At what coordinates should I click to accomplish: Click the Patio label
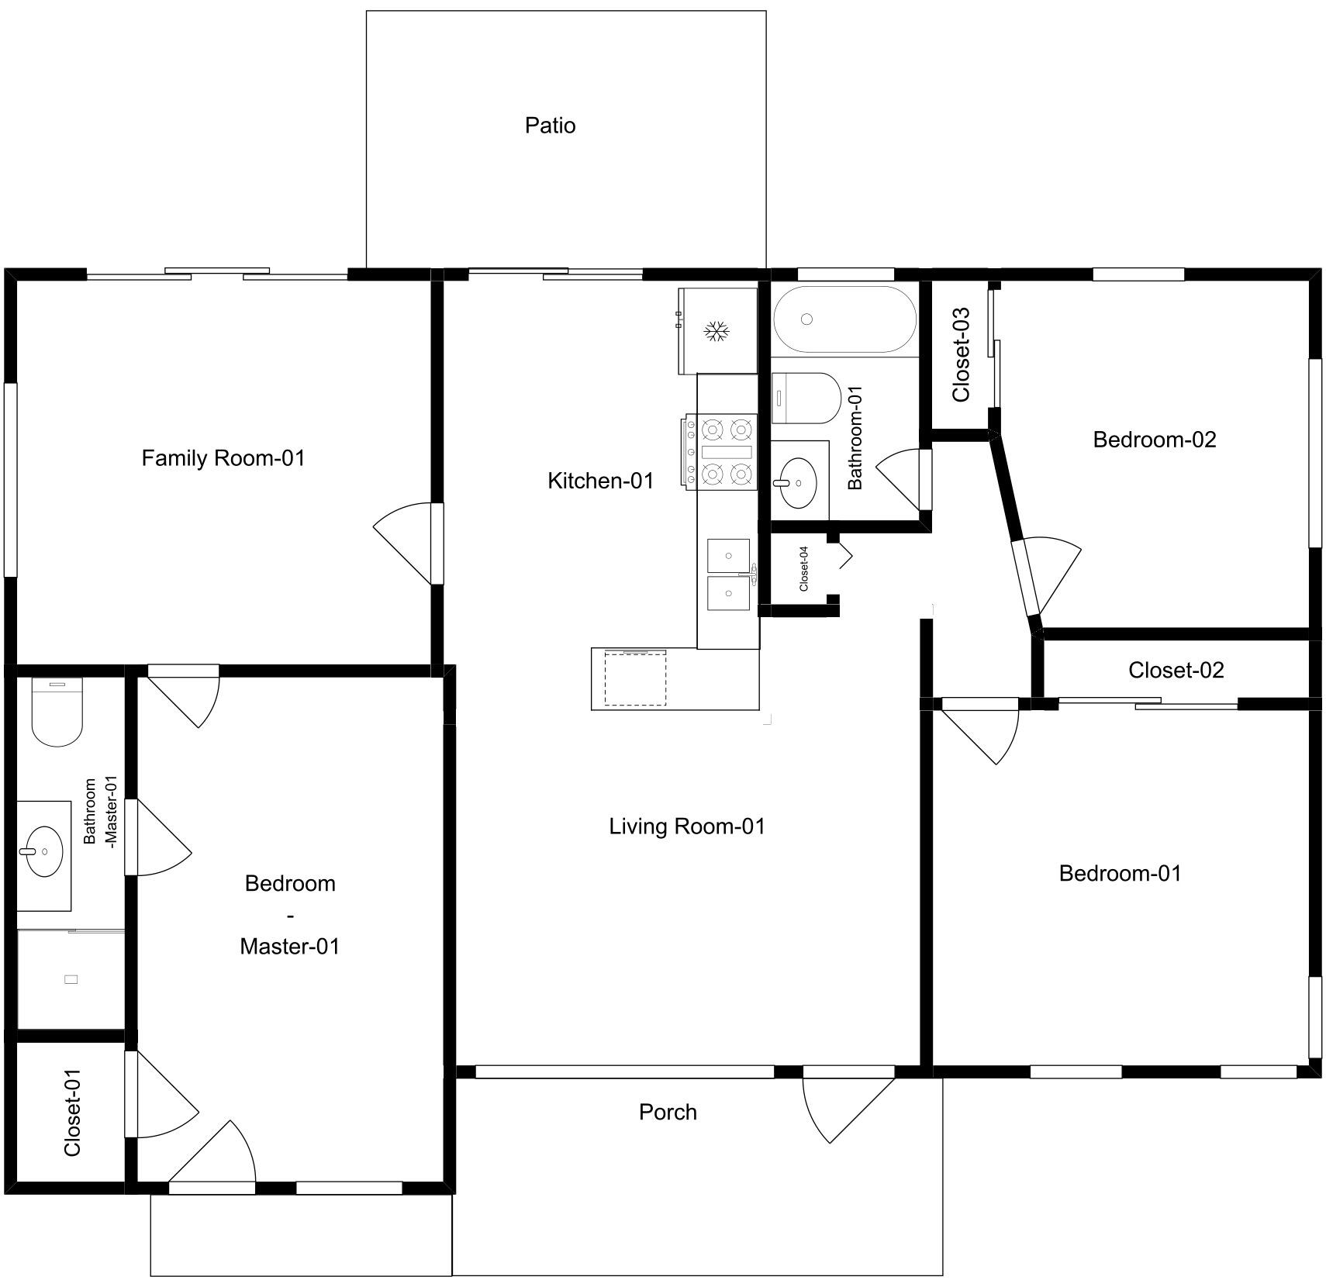click(550, 125)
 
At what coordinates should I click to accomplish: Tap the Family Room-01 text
click(223, 458)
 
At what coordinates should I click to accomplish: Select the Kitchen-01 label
click(600, 481)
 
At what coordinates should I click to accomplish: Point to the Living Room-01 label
click(687, 826)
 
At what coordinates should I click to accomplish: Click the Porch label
click(668, 1112)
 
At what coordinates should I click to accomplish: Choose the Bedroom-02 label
click(1155, 440)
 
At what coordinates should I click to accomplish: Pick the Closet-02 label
click(1176, 670)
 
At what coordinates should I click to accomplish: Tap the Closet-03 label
click(961, 354)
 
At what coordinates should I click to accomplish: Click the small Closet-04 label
click(803, 568)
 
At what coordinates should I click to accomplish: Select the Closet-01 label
click(72, 1113)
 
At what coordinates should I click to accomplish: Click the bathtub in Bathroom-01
click(844, 319)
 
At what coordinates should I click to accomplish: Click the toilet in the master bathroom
click(57, 712)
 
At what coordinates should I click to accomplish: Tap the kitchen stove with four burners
click(719, 452)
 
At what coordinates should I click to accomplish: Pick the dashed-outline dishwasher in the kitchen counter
click(635, 678)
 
